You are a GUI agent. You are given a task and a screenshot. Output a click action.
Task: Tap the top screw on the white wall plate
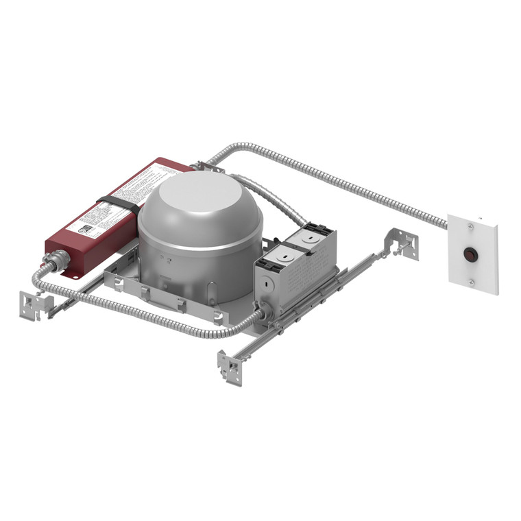click(x=471, y=224)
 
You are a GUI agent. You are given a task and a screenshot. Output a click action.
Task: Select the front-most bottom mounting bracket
click(x=230, y=367)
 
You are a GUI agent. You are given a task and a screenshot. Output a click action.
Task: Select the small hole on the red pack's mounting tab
click(x=76, y=277)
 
